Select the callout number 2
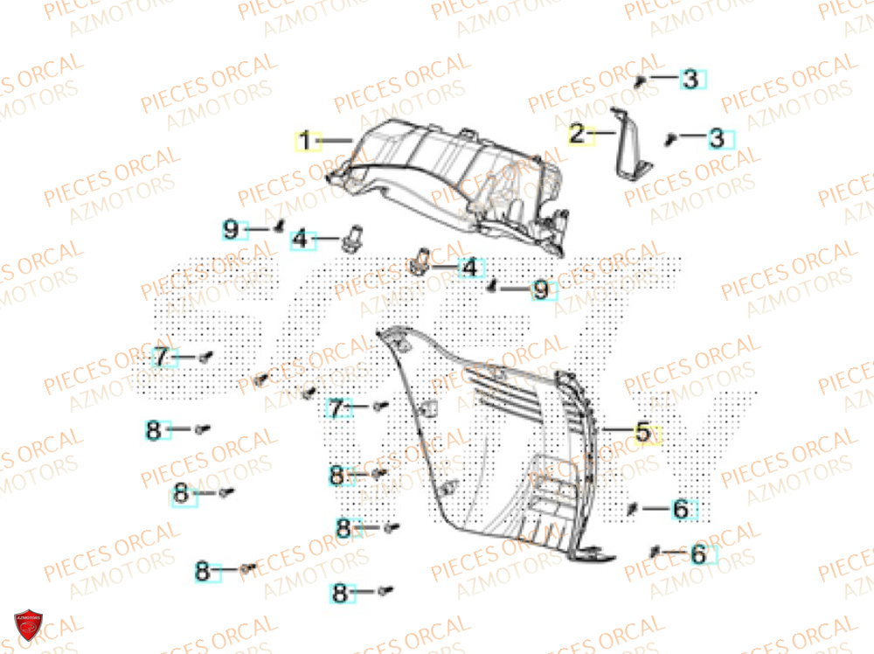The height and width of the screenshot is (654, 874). coord(578,135)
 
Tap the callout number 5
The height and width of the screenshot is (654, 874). coord(642,431)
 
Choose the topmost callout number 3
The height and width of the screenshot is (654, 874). coord(690,80)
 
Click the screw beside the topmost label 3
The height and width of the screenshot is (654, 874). coord(641,80)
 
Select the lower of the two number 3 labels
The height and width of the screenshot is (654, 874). coord(717,137)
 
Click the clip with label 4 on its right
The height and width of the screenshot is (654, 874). coord(420,261)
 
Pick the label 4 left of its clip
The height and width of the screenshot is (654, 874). coord(301,238)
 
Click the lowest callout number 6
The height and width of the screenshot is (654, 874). coord(697,553)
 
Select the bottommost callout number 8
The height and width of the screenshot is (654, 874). coord(339,594)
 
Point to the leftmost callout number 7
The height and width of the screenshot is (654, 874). coord(162,357)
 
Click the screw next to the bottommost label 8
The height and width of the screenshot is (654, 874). coord(385,592)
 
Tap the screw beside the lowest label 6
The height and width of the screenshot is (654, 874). coord(655,550)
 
